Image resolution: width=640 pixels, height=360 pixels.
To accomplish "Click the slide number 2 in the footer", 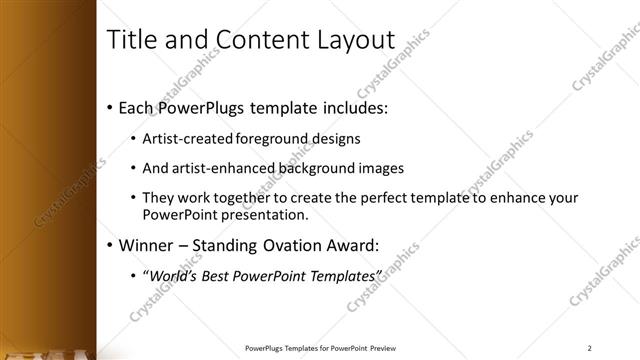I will [x=590, y=348].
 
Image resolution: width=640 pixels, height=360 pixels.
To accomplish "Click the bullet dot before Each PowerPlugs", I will [x=108, y=106].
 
